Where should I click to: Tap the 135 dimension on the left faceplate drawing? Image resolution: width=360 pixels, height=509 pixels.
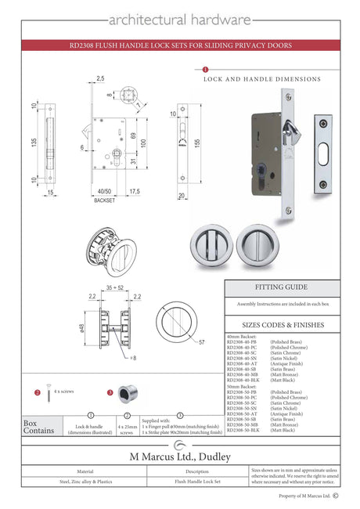(x=34, y=143)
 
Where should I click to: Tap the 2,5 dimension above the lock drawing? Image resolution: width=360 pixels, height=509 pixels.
(x=100, y=78)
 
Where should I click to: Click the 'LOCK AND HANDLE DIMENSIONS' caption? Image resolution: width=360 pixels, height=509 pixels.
(x=261, y=79)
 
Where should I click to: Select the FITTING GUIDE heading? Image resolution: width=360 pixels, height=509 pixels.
(x=280, y=287)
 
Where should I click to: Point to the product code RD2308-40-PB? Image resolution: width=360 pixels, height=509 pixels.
(x=244, y=342)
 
